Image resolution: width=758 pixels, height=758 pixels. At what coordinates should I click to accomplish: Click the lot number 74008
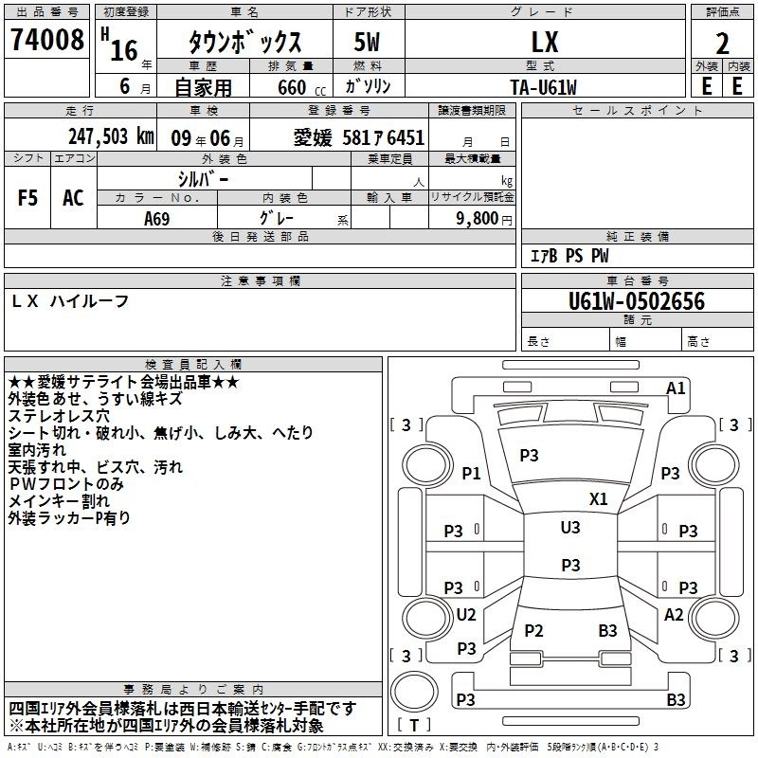click(x=46, y=39)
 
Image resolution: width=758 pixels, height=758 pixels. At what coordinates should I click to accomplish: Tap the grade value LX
click(x=545, y=42)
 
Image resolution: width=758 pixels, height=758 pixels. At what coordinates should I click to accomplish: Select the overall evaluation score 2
click(x=722, y=44)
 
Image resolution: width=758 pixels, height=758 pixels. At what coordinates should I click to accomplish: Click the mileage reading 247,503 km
click(x=111, y=135)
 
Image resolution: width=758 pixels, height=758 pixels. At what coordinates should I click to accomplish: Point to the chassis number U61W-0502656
click(x=637, y=301)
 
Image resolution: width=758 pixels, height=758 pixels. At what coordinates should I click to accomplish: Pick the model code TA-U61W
click(x=543, y=87)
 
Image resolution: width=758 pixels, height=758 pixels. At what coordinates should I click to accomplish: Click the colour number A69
click(x=157, y=219)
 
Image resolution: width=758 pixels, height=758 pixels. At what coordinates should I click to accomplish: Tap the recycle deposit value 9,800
click(x=478, y=218)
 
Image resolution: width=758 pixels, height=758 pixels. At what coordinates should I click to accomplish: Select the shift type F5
click(x=27, y=198)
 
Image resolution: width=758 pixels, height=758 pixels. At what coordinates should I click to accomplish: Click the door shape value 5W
click(x=367, y=42)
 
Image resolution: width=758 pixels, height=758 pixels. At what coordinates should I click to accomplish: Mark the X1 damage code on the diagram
click(x=598, y=498)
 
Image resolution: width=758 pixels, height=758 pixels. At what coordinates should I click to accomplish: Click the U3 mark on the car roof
click(x=570, y=527)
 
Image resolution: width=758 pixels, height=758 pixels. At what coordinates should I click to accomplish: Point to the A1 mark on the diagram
click(x=676, y=388)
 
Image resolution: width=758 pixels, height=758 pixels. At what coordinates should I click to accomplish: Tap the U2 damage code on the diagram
click(x=466, y=614)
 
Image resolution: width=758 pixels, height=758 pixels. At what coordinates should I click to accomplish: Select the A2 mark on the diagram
click(x=674, y=614)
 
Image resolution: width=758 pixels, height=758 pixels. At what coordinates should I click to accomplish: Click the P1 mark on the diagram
click(x=471, y=473)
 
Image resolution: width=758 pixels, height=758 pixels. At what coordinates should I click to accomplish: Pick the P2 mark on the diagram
click(x=533, y=630)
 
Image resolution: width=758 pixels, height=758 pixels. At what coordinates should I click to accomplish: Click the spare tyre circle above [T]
click(x=414, y=692)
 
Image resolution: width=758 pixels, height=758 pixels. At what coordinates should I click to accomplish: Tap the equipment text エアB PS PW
click(x=569, y=255)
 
